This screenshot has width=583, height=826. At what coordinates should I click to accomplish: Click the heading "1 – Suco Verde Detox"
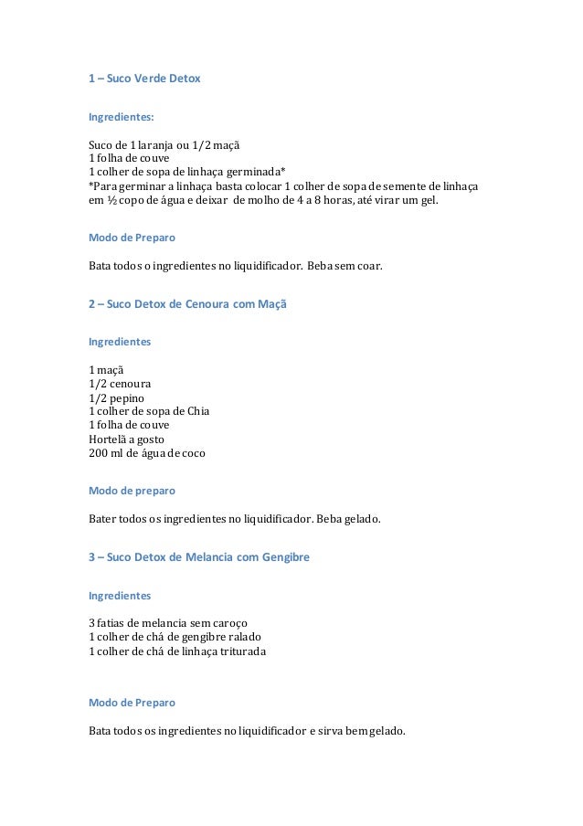click(143, 79)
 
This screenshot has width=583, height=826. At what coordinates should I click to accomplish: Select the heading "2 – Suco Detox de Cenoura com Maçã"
click(186, 302)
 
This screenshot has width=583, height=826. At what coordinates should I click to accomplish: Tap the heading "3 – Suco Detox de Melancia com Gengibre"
click(198, 555)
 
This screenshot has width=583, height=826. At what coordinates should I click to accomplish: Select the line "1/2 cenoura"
click(120, 384)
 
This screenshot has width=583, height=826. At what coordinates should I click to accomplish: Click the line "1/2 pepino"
click(116, 397)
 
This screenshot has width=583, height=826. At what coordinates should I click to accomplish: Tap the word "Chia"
click(198, 411)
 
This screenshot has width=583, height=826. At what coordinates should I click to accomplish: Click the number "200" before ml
click(98, 452)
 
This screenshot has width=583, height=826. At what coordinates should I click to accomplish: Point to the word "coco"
click(194, 452)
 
